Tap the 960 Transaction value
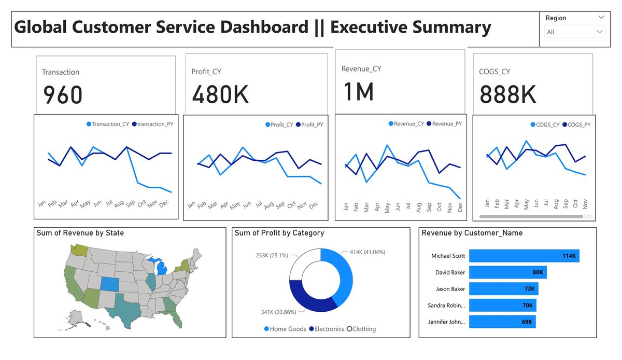click(x=62, y=95)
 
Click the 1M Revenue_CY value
click(x=359, y=92)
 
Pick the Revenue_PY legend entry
click(x=446, y=124)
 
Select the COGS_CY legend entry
click(x=544, y=124)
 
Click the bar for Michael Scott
click(x=524, y=256)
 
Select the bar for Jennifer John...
click(x=502, y=322)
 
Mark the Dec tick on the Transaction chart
click(x=164, y=204)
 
